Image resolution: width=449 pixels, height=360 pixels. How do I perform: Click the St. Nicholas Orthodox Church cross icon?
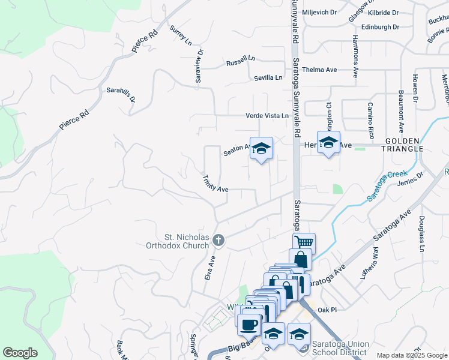pos(218,240)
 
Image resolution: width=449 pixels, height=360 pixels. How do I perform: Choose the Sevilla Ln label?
pos(268,78)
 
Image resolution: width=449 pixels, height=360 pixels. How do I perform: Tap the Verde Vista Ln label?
pos(267,116)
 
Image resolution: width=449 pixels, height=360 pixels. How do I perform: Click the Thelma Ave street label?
pos(319,70)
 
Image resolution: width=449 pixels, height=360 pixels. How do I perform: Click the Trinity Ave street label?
pos(215,184)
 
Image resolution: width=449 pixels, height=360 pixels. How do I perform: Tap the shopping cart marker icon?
pos(304,242)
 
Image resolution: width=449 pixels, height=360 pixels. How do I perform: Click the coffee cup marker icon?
pos(249,325)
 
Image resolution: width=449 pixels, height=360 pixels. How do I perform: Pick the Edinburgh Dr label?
pos(380,27)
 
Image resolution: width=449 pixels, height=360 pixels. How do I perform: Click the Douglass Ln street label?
pos(422,233)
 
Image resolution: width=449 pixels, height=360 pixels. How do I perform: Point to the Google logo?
pos(20,352)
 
